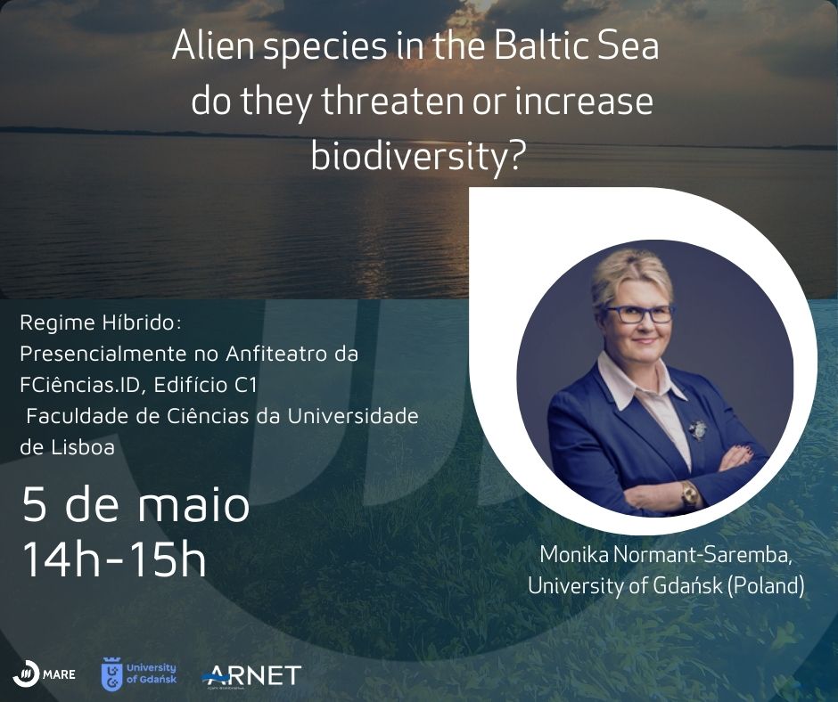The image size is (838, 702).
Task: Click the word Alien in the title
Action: pyautogui.click(x=213, y=46)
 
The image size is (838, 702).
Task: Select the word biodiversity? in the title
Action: pyautogui.click(x=415, y=157)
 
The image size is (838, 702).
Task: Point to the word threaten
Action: pyautogui.click(x=392, y=102)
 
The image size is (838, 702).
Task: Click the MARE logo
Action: pyautogui.click(x=45, y=674)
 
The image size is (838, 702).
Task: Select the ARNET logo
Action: pyautogui.click(x=251, y=676)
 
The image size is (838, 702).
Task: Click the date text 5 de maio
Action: pyautogui.click(x=136, y=505)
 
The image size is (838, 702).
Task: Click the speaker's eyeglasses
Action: pyautogui.click(x=638, y=313)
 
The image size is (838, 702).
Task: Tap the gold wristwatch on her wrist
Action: pyautogui.click(x=689, y=494)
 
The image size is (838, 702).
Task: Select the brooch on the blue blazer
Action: pyautogui.click(x=697, y=429)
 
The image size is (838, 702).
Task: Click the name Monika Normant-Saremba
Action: pyautogui.click(x=666, y=555)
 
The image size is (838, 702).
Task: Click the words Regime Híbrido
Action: pyautogui.click(x=101, y=323)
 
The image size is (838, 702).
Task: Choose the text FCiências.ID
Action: pyautogui.click(x=79, y=385)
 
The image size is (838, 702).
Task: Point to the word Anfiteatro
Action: pyautogui.click(x=276, y=354)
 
